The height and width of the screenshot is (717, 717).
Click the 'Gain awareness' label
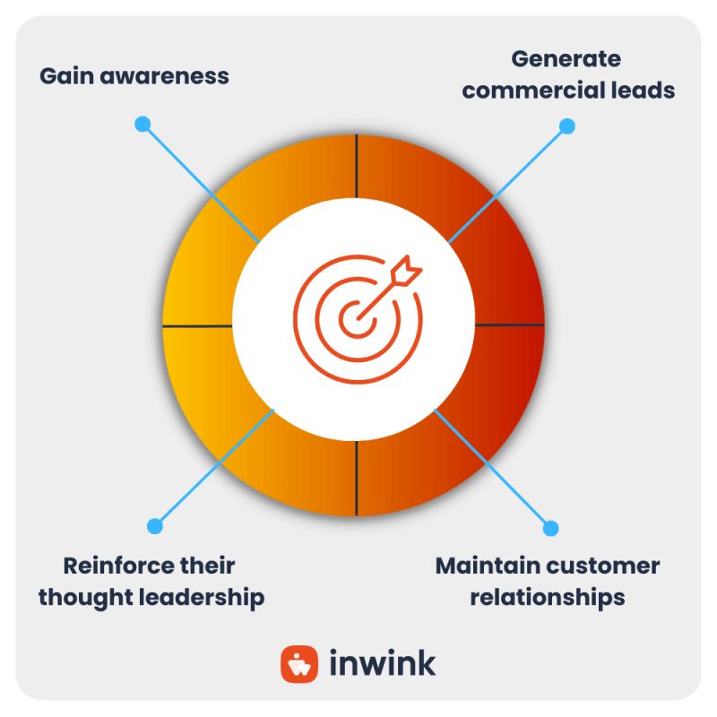click(134, 76)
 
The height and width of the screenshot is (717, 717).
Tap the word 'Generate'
click(566, 60)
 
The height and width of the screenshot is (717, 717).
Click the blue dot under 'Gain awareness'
click(142, 125)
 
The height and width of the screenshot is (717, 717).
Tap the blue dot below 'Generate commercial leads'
click(566, 126)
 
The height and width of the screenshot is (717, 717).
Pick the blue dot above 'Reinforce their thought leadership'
click(155, 526)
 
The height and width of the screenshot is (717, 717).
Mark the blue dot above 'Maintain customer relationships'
click(551, 528)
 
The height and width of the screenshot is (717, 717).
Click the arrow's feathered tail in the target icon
click(410, 267)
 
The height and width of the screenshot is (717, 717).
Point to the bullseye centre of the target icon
click(357, 316)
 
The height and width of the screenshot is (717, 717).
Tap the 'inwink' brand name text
click(383, 664)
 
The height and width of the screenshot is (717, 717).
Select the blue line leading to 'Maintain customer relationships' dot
click(493, 469)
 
